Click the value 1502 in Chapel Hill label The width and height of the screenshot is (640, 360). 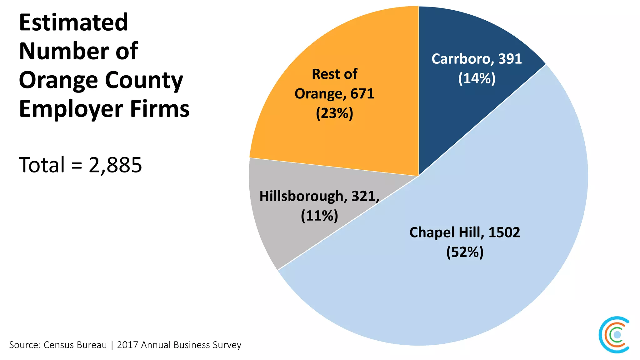tap(504, 232)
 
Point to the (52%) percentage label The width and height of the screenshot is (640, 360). tap(465, 252)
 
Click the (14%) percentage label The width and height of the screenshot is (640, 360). tap(477, 78)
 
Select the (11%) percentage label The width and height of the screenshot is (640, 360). tap(319, 216)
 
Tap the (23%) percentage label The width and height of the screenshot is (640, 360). tap(334, 113)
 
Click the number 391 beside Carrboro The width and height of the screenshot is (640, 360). tap(510, 59)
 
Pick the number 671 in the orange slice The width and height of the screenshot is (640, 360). tap(362, 94)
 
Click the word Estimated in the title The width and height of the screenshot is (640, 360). tap(73, 22)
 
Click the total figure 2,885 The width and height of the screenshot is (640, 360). tap(115, 165)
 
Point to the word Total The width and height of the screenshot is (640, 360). tap(42, 165)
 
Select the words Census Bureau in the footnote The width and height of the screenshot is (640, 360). tap(75, 345)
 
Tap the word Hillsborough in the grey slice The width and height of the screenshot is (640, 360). tap(301, 196)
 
